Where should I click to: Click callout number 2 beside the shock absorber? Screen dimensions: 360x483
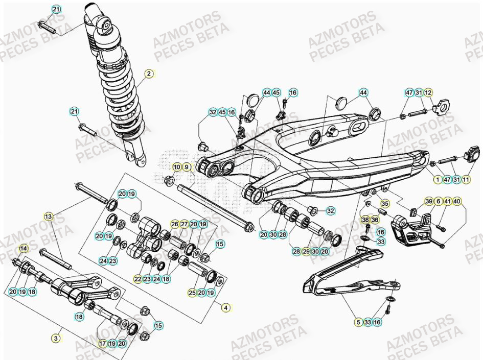pyautogui.click(x=149, y=74)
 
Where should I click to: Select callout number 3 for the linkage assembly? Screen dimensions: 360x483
pyautogui.click(x=56, y=338)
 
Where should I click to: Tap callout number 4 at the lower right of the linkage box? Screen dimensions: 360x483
pyautogui.click(x=226, y=307)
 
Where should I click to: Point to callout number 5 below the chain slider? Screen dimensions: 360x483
pyautogui.click(x=359, y=322)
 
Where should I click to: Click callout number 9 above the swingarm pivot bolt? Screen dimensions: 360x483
pyautogui.click(x=187, y=167)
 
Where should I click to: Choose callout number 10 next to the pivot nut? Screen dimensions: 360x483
pyautogui.click(x=177, y=167)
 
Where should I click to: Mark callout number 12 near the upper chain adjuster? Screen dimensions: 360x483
pyautogui.click(x=428, y=92)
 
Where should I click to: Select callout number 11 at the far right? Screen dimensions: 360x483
pyautogui.click(x=466, y=179)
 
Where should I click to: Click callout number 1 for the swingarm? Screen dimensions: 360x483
pyautogui.click(x=438, y=179)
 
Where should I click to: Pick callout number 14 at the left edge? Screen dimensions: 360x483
pyautogui.click(x=23, y=248)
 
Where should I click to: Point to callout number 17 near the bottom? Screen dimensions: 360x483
pyautogui.click(x=103, y=344)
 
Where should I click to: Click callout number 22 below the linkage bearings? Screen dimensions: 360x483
pyautogui.click(x=137, y=279)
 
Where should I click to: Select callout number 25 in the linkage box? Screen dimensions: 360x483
pyautogui.click(x=192, y=293)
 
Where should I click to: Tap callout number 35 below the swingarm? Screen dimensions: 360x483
pyautogui.click(x=385, y=203)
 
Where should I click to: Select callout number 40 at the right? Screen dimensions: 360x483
pyautogui.click(x=456, y=202)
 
